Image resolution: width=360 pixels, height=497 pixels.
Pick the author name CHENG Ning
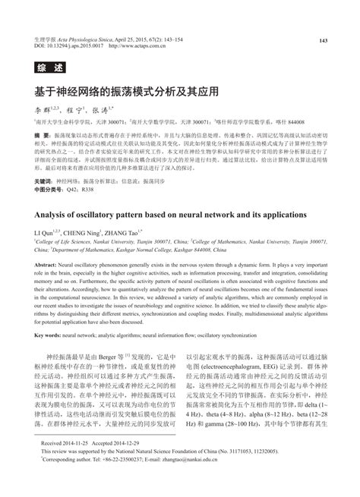click(86, 231)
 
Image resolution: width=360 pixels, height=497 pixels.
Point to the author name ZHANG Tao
click(128, 231)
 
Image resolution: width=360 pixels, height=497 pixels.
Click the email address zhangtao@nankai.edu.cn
click(204, 480)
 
